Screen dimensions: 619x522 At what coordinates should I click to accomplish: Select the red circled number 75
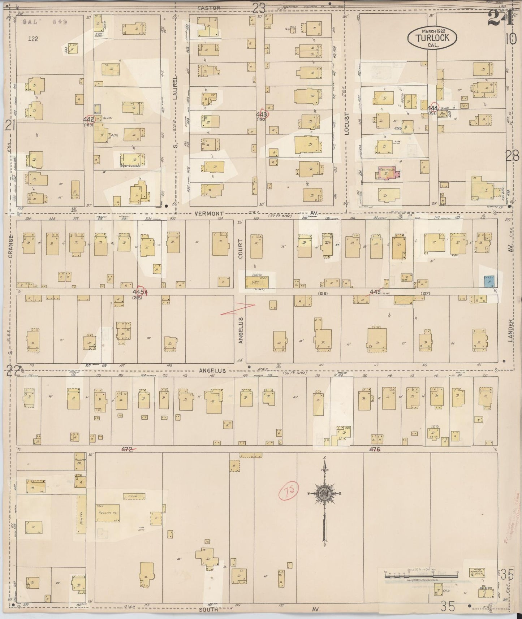(x=289, y=492)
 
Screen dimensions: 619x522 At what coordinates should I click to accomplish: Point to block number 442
(x=89, y=119)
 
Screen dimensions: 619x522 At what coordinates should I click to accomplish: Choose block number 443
(x=262, y=114)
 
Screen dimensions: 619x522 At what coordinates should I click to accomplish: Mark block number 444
(x=432, y=108)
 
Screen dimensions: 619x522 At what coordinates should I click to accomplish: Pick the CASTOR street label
(x=209, y=8)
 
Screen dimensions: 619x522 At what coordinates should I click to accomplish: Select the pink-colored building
(x=388, y=174)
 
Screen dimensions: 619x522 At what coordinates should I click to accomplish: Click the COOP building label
(x=134, y=496)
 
